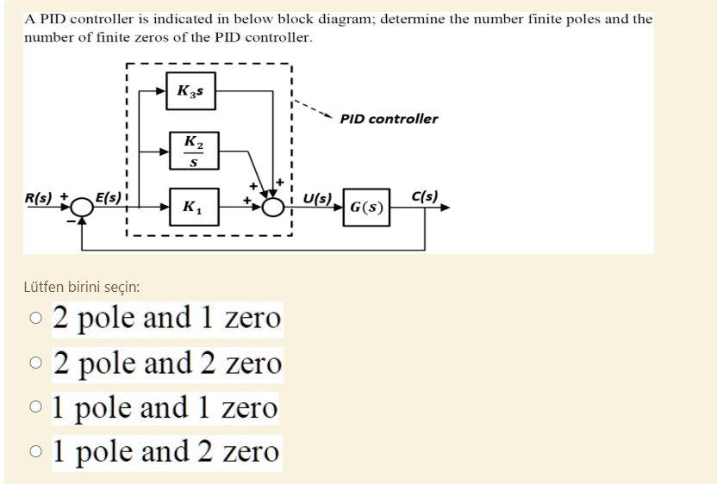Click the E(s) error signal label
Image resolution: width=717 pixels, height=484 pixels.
click(109, 196)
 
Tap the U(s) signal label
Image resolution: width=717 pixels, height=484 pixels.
click(317, 196)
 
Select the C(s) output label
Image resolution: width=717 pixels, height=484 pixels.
click(426, 195)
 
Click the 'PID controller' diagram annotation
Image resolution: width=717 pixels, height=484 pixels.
click(389, 119)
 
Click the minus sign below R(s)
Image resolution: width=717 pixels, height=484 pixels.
click(72, 221)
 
